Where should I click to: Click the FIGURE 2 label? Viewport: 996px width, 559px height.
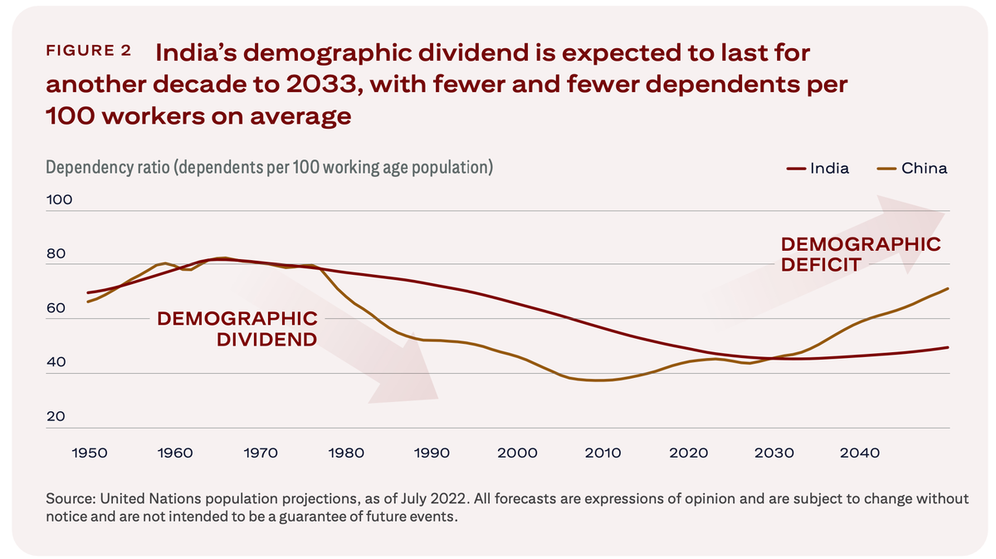click(x=88, y=51)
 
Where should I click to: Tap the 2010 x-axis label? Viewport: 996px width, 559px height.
click(x=603, y=453)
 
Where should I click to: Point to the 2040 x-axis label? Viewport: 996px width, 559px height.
click(x=859, y=453)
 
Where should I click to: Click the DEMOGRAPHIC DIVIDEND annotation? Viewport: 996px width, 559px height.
click(x=237, y=328)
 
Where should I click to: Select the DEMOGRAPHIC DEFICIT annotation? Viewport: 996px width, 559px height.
click(x=861, y=254)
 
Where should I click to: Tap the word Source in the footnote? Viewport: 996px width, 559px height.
click(x=70, y=498)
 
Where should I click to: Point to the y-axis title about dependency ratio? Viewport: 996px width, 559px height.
click(x=270, y=168)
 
